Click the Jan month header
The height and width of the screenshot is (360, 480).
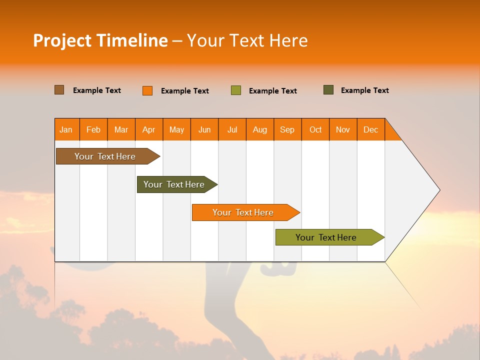coord(66,129)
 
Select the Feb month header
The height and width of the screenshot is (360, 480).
coord(93,129)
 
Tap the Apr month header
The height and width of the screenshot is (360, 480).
coord(149,129)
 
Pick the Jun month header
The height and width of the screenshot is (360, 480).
coord(204,129)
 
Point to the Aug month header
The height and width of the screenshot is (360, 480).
coord(260,129)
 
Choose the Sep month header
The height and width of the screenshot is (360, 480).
coord(287,129)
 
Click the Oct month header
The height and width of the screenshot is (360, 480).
coord(315,129)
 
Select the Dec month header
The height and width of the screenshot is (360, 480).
coord(371,129)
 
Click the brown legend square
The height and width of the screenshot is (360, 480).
coord(59,90)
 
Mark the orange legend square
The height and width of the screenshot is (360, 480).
coord(147,90)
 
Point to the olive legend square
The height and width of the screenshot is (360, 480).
coord(236,90)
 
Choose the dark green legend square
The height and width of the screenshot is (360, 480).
coord(328,90)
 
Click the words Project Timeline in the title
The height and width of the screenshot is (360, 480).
coord(100,40)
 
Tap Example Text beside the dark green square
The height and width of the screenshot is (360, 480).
coord(364,90)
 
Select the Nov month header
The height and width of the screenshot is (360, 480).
coord(343,129)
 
